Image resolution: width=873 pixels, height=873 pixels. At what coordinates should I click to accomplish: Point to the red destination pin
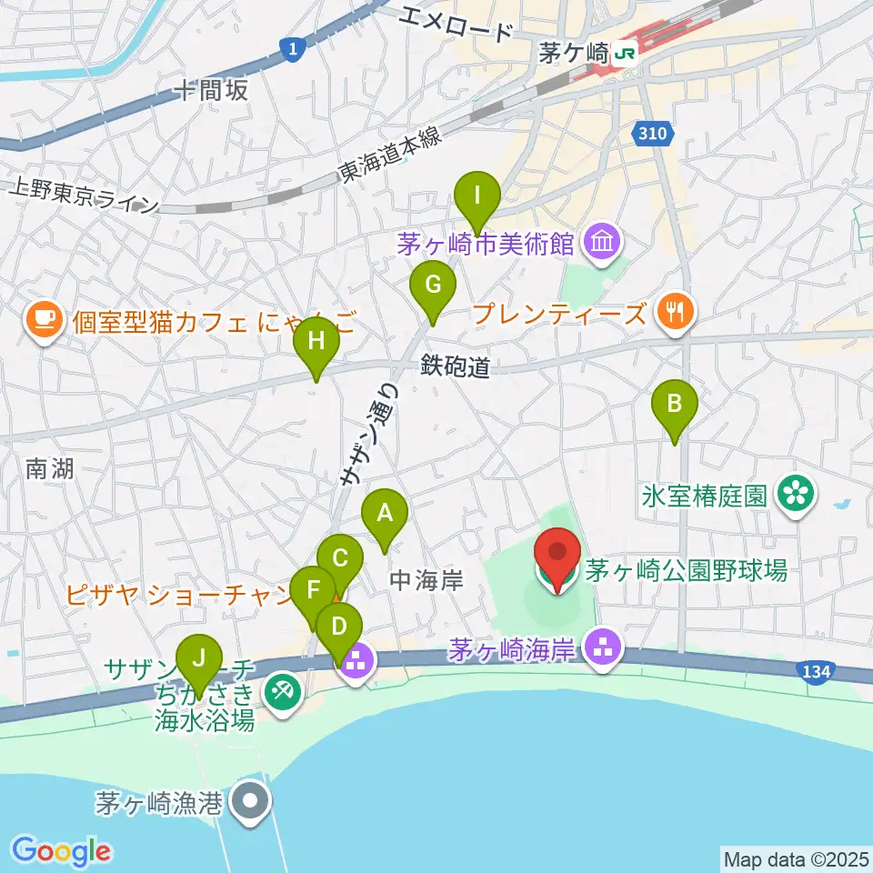coord(557,557)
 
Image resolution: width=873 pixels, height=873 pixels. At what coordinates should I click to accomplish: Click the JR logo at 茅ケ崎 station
coord(625,54)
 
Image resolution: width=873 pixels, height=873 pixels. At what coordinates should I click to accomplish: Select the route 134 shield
coord(815,671)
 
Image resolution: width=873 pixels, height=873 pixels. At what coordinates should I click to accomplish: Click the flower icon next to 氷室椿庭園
coord(798,496)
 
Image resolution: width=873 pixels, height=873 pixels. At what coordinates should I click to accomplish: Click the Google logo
coord(62,851)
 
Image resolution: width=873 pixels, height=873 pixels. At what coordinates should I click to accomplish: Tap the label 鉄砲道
coord(456,366)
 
